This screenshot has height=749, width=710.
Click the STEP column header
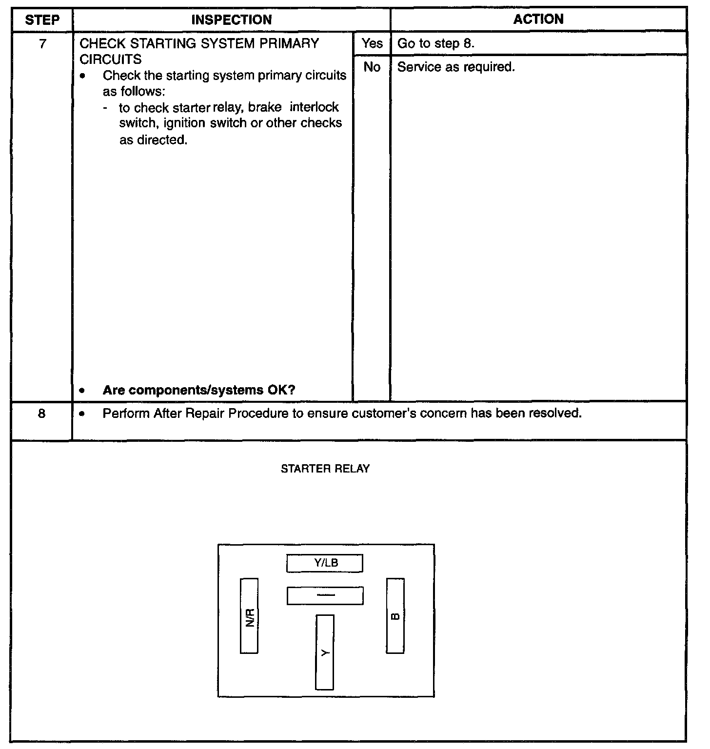(42, 20)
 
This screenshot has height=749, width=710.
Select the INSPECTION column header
(232, 20)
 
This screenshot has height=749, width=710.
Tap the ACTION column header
(538, 20)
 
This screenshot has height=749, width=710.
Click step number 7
(42, 44)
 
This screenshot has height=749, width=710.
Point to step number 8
(42, 414)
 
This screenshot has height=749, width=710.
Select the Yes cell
(372, 43)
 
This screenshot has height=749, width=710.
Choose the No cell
(372, 67)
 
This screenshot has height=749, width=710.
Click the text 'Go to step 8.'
(436, 43)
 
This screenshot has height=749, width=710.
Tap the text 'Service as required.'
(456, 67)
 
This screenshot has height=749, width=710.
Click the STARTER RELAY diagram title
(325, 469)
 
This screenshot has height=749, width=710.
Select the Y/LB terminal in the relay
(325, 563)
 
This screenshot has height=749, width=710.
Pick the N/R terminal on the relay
(249, 615)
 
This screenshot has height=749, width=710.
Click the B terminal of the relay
(395, 615)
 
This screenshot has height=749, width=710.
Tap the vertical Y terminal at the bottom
(325, 652)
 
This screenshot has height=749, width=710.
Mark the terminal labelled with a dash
(325, 595)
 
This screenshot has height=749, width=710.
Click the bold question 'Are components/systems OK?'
(199, 390)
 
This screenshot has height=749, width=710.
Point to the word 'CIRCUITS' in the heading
(110, 59)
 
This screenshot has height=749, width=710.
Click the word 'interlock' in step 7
(314, 107)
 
